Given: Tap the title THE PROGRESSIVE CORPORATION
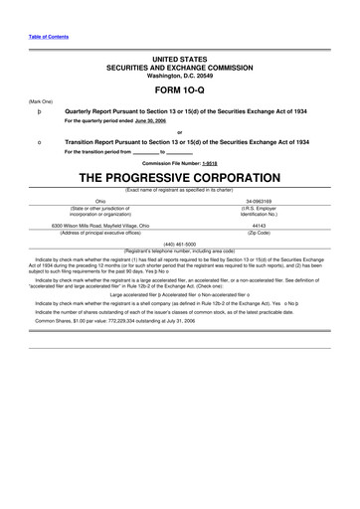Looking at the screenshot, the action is pyautogui.click(x=179, y=178).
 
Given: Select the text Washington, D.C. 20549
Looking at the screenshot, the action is pyautogui.click(x=179, y=66).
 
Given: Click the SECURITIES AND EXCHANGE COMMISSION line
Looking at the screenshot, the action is pyautogui.click(x=179, y=57).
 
